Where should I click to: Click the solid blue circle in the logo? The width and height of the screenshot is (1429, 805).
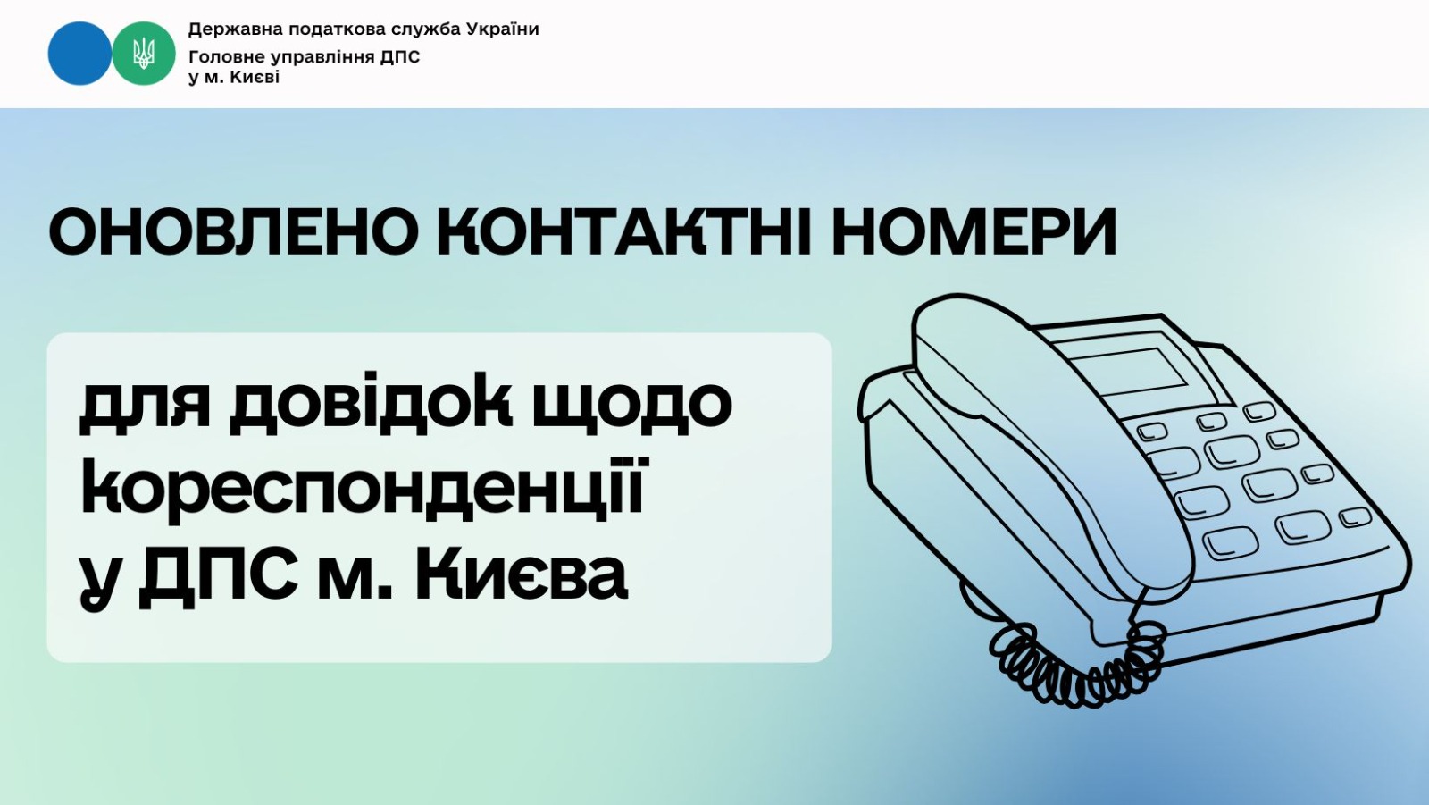point(79,54)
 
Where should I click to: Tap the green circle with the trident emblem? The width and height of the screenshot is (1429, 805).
point(144,54)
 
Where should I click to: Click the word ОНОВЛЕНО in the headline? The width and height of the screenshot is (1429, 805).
point(234,231)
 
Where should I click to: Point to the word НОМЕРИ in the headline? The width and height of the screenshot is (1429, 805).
point(974,231)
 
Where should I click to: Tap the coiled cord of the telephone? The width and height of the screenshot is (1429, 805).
point(1078,664)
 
